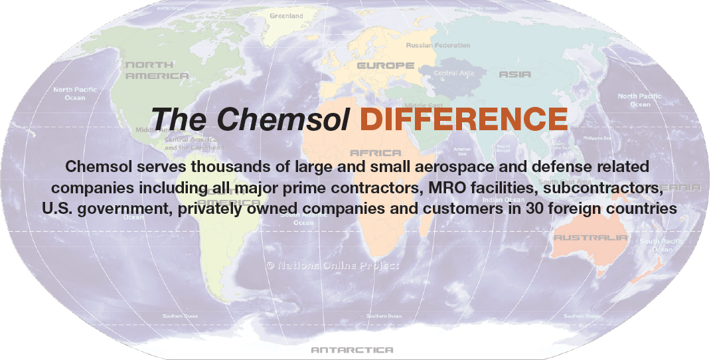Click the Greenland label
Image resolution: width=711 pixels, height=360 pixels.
[x=286, y=16]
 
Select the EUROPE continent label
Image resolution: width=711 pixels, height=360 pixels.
[x=385, y=66]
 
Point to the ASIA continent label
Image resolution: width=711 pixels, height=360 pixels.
[x=514, y=74]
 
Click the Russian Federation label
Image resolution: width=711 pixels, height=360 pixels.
[x=437, y=46]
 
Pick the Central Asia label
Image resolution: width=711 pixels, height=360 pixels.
[x=454, y=73]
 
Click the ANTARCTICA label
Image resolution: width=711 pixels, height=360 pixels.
[x=352, y=350]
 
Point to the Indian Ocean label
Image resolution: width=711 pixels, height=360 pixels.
[x=503, y=200]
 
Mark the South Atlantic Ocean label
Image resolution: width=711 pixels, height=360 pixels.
[x=303, y=219]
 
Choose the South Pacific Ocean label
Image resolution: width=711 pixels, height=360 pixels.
[x=657, y=245]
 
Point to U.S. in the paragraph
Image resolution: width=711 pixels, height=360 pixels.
[x=57, y=209]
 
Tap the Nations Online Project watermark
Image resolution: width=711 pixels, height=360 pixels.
[x=333, y=265]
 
